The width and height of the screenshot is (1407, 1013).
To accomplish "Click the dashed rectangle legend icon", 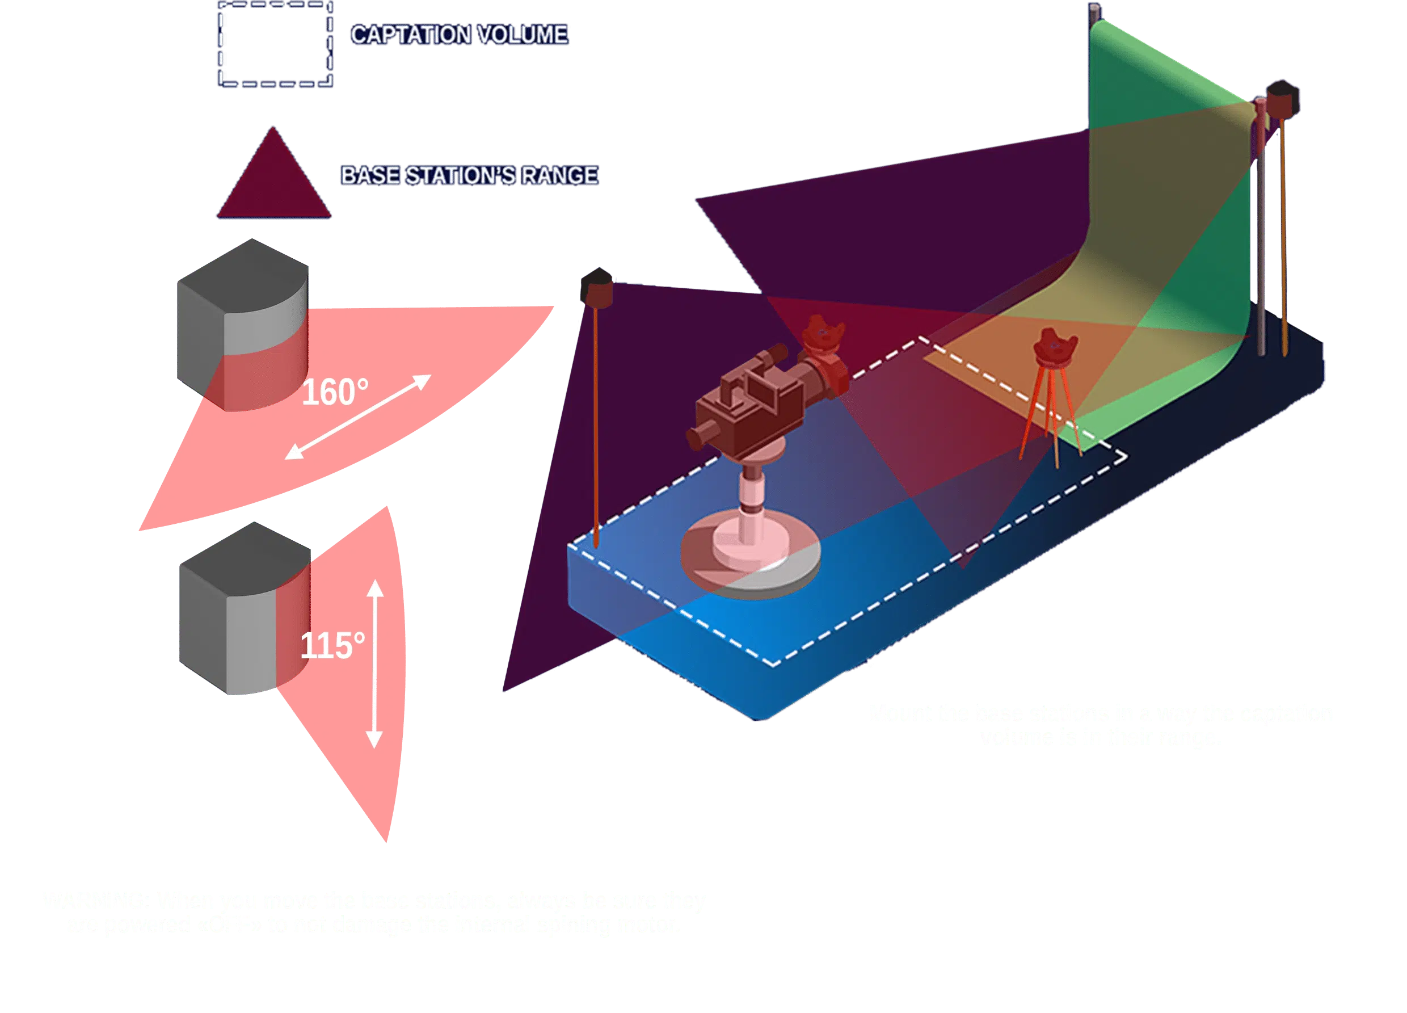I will [x=275, y=44].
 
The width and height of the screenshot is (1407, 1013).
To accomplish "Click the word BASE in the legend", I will [x=370, y=176].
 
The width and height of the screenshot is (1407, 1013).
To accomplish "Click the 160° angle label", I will [x=334, y=392].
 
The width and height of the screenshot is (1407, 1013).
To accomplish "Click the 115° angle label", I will [x=332, y=646].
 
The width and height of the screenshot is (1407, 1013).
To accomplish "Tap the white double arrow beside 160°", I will [x=358, y=417].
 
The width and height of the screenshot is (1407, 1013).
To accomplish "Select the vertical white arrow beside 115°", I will [x=374, y=664].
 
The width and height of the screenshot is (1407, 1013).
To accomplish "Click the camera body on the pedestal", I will [x=744, y=403].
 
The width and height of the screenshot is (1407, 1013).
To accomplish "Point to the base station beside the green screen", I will [x=1282, y=99].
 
